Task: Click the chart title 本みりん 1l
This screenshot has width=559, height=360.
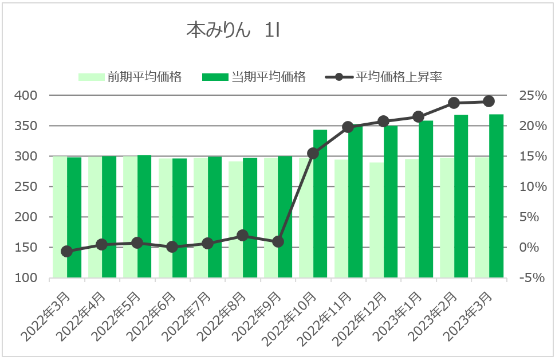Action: tap(233, 30)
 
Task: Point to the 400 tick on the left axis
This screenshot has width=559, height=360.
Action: tap(27, 95)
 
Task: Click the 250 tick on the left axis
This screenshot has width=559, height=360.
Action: tap(27, 186)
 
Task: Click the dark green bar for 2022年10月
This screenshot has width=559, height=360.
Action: tap(320, 204)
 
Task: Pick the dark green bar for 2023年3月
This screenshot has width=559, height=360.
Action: tap(496, 196)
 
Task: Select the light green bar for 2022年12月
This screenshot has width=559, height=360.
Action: tap(376, 220)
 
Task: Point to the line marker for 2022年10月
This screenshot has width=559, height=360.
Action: tap(313, 153)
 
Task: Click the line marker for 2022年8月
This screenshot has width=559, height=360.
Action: tap(243, 236)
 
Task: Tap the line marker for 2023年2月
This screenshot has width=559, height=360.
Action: tap(454, 103)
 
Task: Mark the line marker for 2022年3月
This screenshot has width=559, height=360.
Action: tap(67, 252)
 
